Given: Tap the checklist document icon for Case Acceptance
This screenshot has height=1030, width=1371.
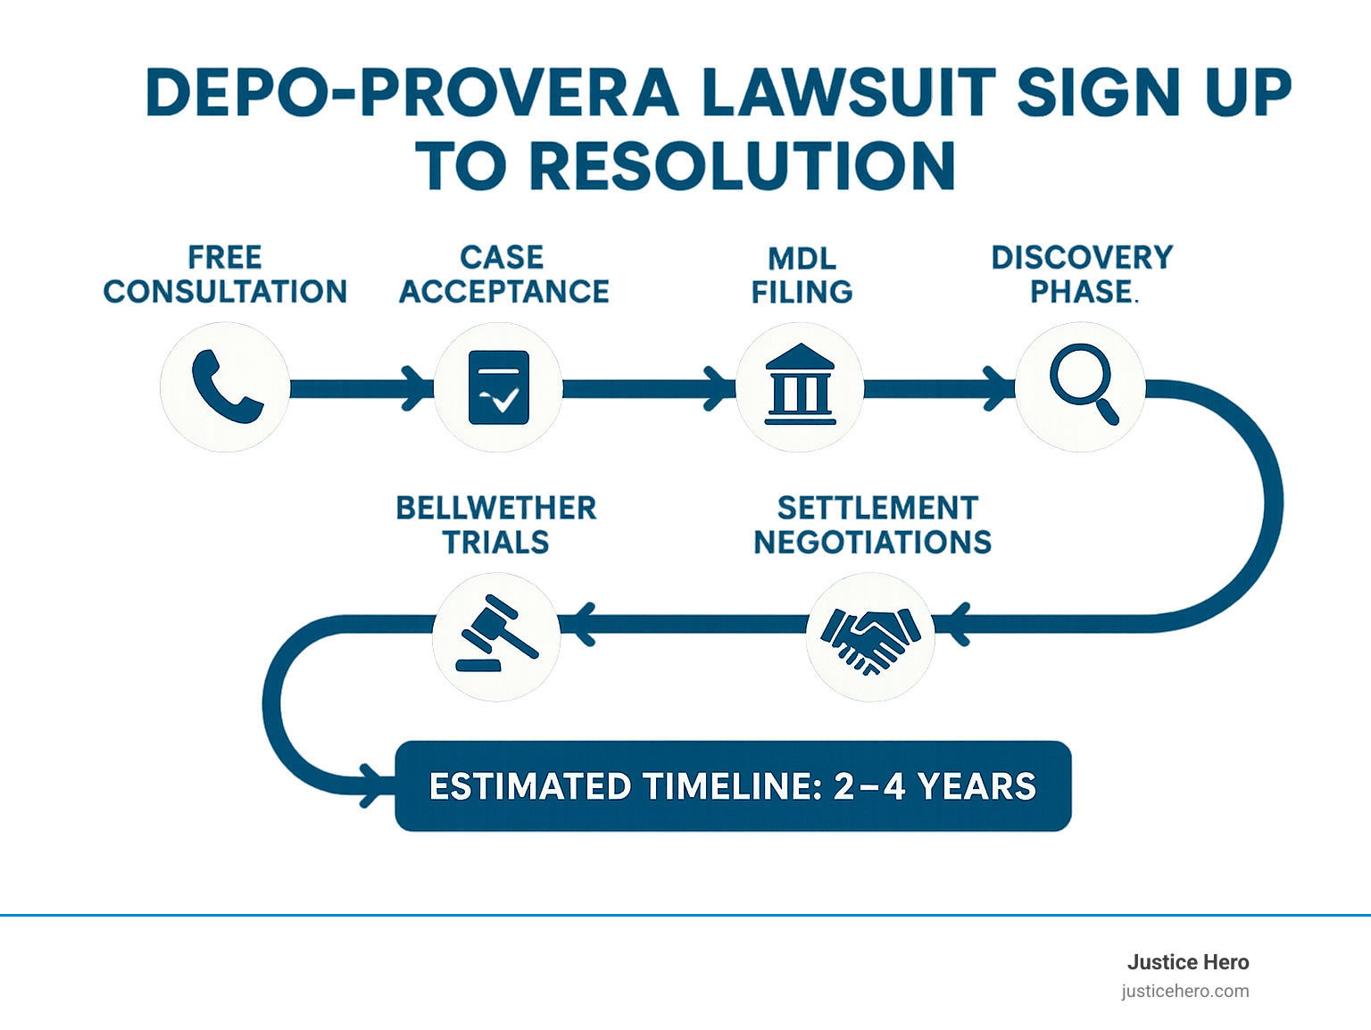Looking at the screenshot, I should coord(499,387).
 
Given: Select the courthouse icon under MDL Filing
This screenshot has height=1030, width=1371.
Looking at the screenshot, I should coord(801,386).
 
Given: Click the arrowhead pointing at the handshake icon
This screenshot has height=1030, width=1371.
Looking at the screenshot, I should coord(955,623).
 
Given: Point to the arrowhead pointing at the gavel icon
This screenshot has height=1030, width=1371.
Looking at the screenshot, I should coord(581,623).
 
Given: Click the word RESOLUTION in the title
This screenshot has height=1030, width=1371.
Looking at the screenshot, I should coord(743,166).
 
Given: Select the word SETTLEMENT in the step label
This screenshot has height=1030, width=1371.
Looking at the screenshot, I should coord(877,508).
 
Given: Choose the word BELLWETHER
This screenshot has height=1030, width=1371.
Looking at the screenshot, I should coord(496,508).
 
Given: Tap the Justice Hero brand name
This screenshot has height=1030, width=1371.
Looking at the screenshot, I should coord(1187,962).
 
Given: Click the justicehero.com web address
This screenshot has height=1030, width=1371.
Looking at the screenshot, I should coord(1185,991).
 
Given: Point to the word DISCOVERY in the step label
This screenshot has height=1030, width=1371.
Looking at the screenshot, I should coord(1082,257).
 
